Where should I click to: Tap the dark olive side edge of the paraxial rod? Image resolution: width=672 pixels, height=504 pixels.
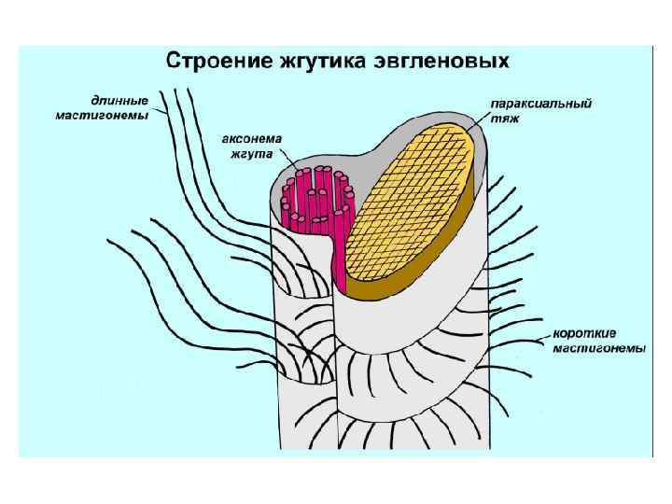point(439,260)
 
